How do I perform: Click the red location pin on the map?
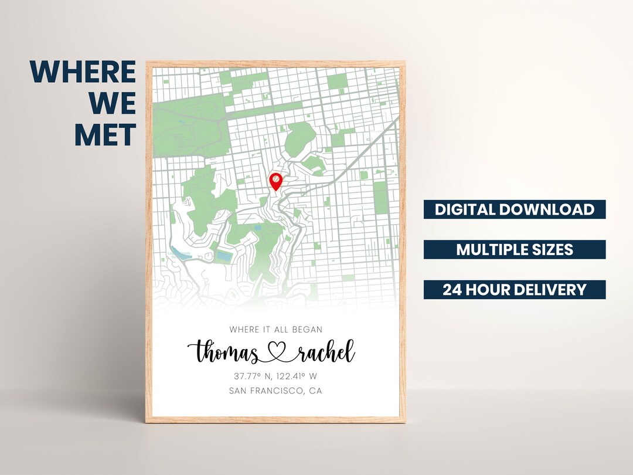tap(275, 181)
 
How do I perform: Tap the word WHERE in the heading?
tap(83, 72)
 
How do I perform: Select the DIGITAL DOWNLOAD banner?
tap(515, 209)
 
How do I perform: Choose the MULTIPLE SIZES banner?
tap(515, 249)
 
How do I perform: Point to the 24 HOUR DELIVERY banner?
tap(515, 289)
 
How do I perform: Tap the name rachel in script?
tap(326, 352)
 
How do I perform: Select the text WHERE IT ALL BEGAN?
tap(275, 330)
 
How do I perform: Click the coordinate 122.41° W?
tap(296, 376)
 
